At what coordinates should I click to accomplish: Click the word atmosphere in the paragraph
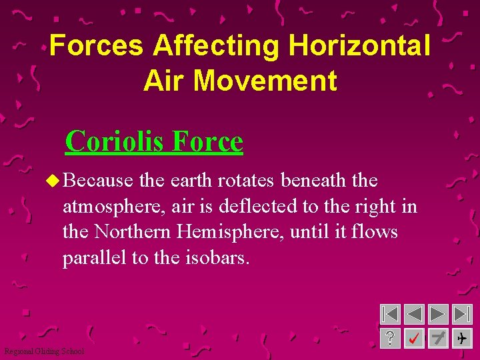(113, 207)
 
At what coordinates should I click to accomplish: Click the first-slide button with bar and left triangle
(391, 315)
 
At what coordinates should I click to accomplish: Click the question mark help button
(391, 339)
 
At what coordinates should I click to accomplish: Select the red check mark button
(414, 339)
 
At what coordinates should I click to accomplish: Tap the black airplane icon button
(461, 339)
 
